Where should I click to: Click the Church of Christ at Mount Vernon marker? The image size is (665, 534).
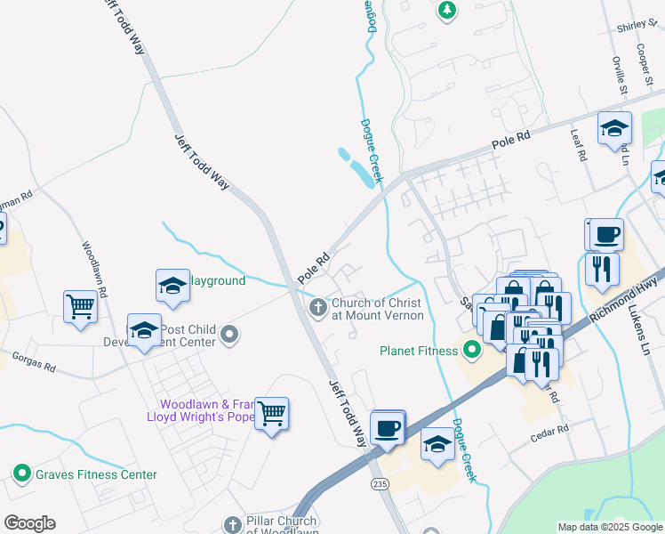tap(317, 308)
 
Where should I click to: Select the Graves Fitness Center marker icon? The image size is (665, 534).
tap(23, 474)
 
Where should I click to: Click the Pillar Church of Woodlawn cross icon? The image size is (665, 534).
tap(233, 525)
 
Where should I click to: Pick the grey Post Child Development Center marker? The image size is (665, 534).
tap(230, 335)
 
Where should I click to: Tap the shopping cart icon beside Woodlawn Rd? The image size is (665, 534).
tap(81, 307)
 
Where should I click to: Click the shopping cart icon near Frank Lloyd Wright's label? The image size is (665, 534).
tap(271, 414)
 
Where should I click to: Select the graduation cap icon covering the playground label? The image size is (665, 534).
tap(172, 286)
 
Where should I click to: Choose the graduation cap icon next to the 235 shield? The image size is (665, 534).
tap(437, 445)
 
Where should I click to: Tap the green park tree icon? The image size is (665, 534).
tap(447, 11)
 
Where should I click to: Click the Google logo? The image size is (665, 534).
tap(29, 523)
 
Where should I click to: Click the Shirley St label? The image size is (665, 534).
tap(636, 28)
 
